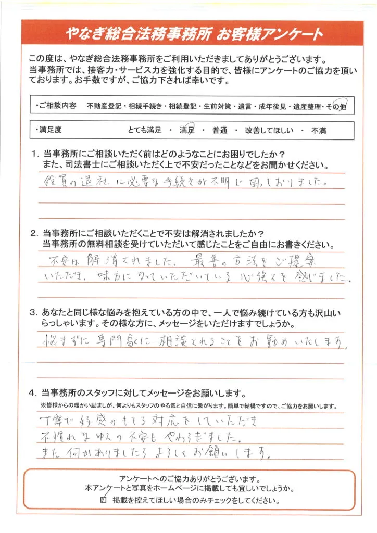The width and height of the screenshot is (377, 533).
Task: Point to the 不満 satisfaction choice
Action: pyautogui.click(x=319, y=131)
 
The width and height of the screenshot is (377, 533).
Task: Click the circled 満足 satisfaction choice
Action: pyautogui.click(x=187, y=130)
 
